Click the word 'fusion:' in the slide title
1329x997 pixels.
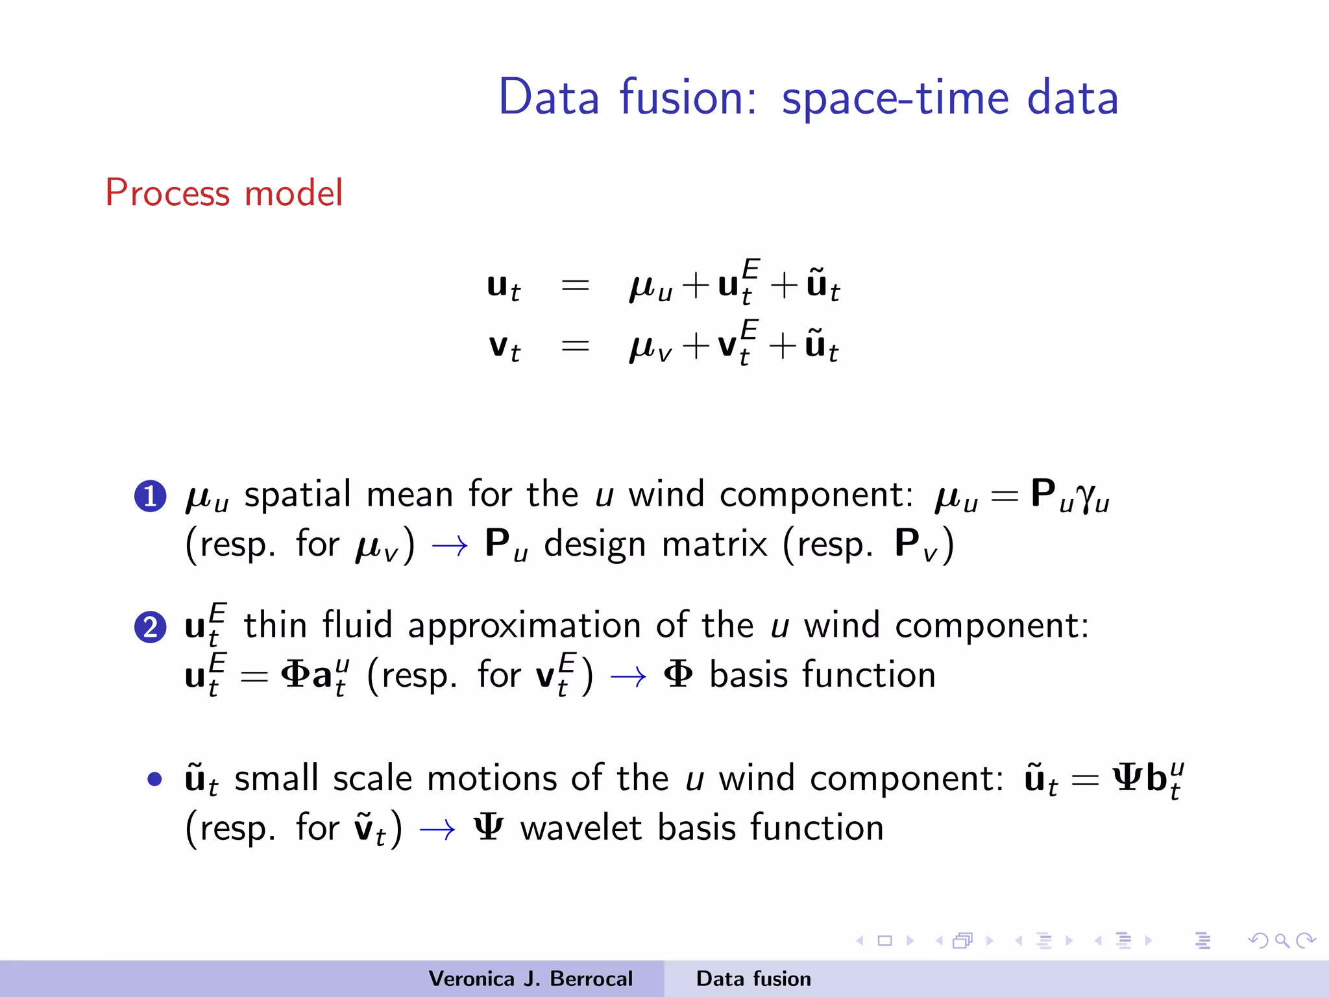pyautogui.click(x=688, y=97)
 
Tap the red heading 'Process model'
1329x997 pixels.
pyautogui.click(x=224, y=193)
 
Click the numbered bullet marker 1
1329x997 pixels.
pyautogui.click(x=151, y=497)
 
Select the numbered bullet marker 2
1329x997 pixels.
pyautogui.click(x=151, y=627)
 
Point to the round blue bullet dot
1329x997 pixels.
pyautogui.click(x=154, y=778)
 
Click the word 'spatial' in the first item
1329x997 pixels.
pyautogui.click(x=297, y=495)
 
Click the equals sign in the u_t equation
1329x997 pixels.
pyautogui.click(x=575, y=285)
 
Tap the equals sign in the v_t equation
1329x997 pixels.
pyautogui.click(x=575, y=345)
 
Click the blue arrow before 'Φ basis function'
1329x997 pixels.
pyautogui.click(x=628, y=677)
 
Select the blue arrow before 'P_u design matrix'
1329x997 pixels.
pyautogui.click(x=449, y=546)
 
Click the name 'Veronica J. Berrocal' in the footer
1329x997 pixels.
pyautogui.click(x=530, y=979)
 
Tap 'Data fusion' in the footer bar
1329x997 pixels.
pyautogui.click(x=753, y=979)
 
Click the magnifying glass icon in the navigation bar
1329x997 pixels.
pyautogui.click(x=1282, y=941)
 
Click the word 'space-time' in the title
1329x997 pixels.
pyautogui.click(x=896, y=97)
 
